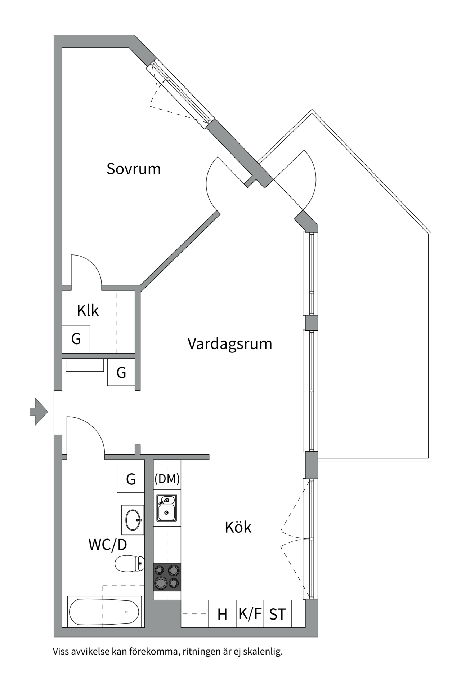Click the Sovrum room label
tap(134, 169)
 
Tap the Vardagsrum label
tap(230, 343)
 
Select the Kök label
tap(238, 527)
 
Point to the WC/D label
tap(108, 545)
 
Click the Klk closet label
tap(88, 310)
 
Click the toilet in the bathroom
tap(130, 563)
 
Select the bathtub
tap(104, 612)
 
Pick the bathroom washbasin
tap(133, 520)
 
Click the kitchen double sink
tap(167, 508)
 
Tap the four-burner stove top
tap(167, 577)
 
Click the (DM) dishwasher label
tap(167, 479)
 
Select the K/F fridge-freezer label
tap(250, 613)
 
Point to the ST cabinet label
tap(277, 614)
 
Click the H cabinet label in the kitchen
tap(222, 614)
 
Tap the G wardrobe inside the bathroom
tap(131, 479)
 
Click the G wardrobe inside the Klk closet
tap(76, 339)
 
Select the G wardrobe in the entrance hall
tap(121, 372)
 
